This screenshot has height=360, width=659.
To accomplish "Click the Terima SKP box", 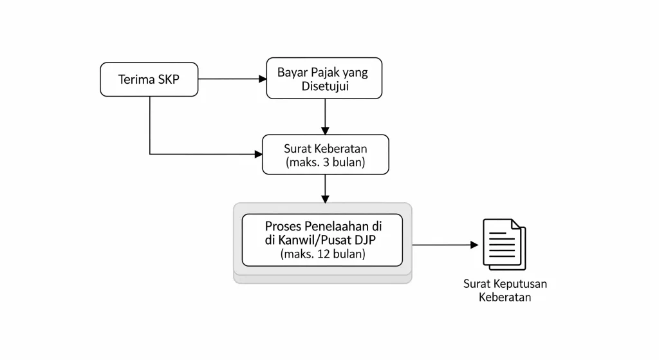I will click(149, 79).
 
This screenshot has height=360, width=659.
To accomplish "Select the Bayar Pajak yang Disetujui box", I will click(324, 79).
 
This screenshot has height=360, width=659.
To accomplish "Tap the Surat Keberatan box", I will click(326, 155).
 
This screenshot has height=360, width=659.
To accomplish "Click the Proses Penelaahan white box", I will click(322, 240).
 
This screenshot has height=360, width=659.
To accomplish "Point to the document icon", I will click(504, 245).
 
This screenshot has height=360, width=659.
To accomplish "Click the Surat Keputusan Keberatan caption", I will click(505, 290).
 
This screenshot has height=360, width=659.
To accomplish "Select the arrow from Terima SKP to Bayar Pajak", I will click(232, 79).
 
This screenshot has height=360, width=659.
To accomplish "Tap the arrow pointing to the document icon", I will click(444, 245).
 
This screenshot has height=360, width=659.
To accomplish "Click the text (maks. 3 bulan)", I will click(326, 162).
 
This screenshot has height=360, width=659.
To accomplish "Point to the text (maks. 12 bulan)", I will click(323, 254).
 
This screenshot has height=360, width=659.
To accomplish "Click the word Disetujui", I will click(326, 86).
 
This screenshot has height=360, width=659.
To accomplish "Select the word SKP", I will click(169, 79).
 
